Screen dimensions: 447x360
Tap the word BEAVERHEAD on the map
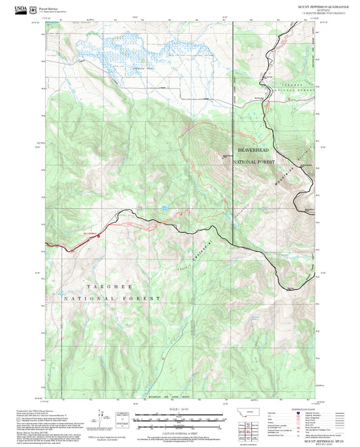(x=255, y=150)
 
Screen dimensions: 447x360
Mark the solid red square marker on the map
(x=98, y=236)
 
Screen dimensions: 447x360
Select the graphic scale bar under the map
(x=180, y=417)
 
